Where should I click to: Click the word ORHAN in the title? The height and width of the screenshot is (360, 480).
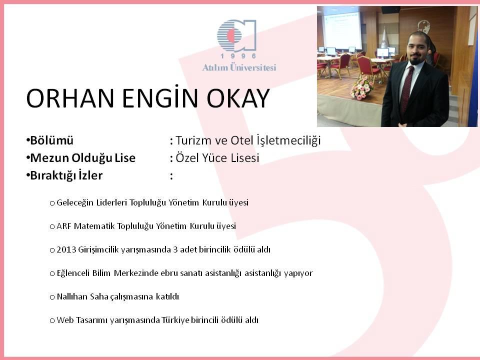click(x=70, y=98)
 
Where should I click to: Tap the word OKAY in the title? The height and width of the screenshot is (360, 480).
click(x=238, y=98)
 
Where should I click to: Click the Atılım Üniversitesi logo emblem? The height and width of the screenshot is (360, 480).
click(x=236, y=35)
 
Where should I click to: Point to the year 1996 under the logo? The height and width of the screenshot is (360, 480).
click(x=238, y=56)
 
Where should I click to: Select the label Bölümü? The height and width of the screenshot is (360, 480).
click(x=51, y=140)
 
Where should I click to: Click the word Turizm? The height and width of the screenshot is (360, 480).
click(x=193, y=140)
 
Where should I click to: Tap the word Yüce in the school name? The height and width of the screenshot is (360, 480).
click(x=213, y=158)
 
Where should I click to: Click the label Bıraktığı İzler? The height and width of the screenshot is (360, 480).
click(x=66, y=175)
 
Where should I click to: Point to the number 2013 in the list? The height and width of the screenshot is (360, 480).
click(x=66, y=250)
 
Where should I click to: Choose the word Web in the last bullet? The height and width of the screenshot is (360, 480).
click(x=64, y=320)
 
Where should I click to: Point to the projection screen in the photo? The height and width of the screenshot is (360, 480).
click(x=342, y=28)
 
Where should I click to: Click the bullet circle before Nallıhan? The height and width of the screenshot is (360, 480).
click(x=52, y=297)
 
